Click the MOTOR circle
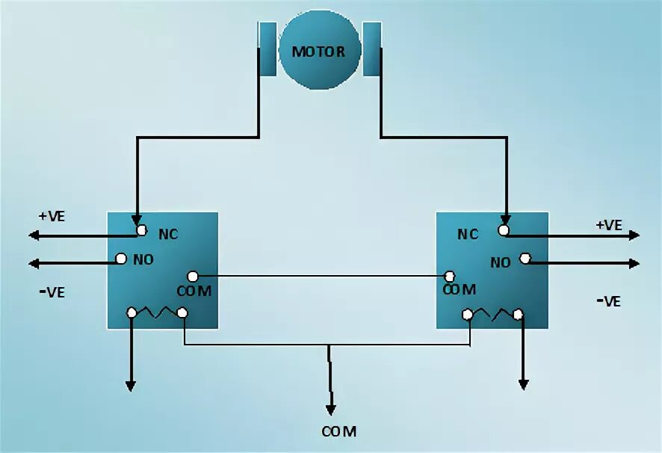(318, 52)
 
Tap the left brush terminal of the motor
(267, 49)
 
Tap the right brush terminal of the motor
(371, 49)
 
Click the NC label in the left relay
(168, 233)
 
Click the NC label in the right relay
(468, 234)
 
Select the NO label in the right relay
(501, 262)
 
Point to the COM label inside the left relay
(194, 290)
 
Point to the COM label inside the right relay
(459, 289)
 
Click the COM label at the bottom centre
(338, 431)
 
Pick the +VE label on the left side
(52, 216)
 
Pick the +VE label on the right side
(609, 224)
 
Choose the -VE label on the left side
(52, 292)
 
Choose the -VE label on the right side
(609, 301)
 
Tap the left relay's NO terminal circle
(120, 259)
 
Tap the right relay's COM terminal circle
(450, 276)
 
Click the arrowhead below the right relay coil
(523, 384)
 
